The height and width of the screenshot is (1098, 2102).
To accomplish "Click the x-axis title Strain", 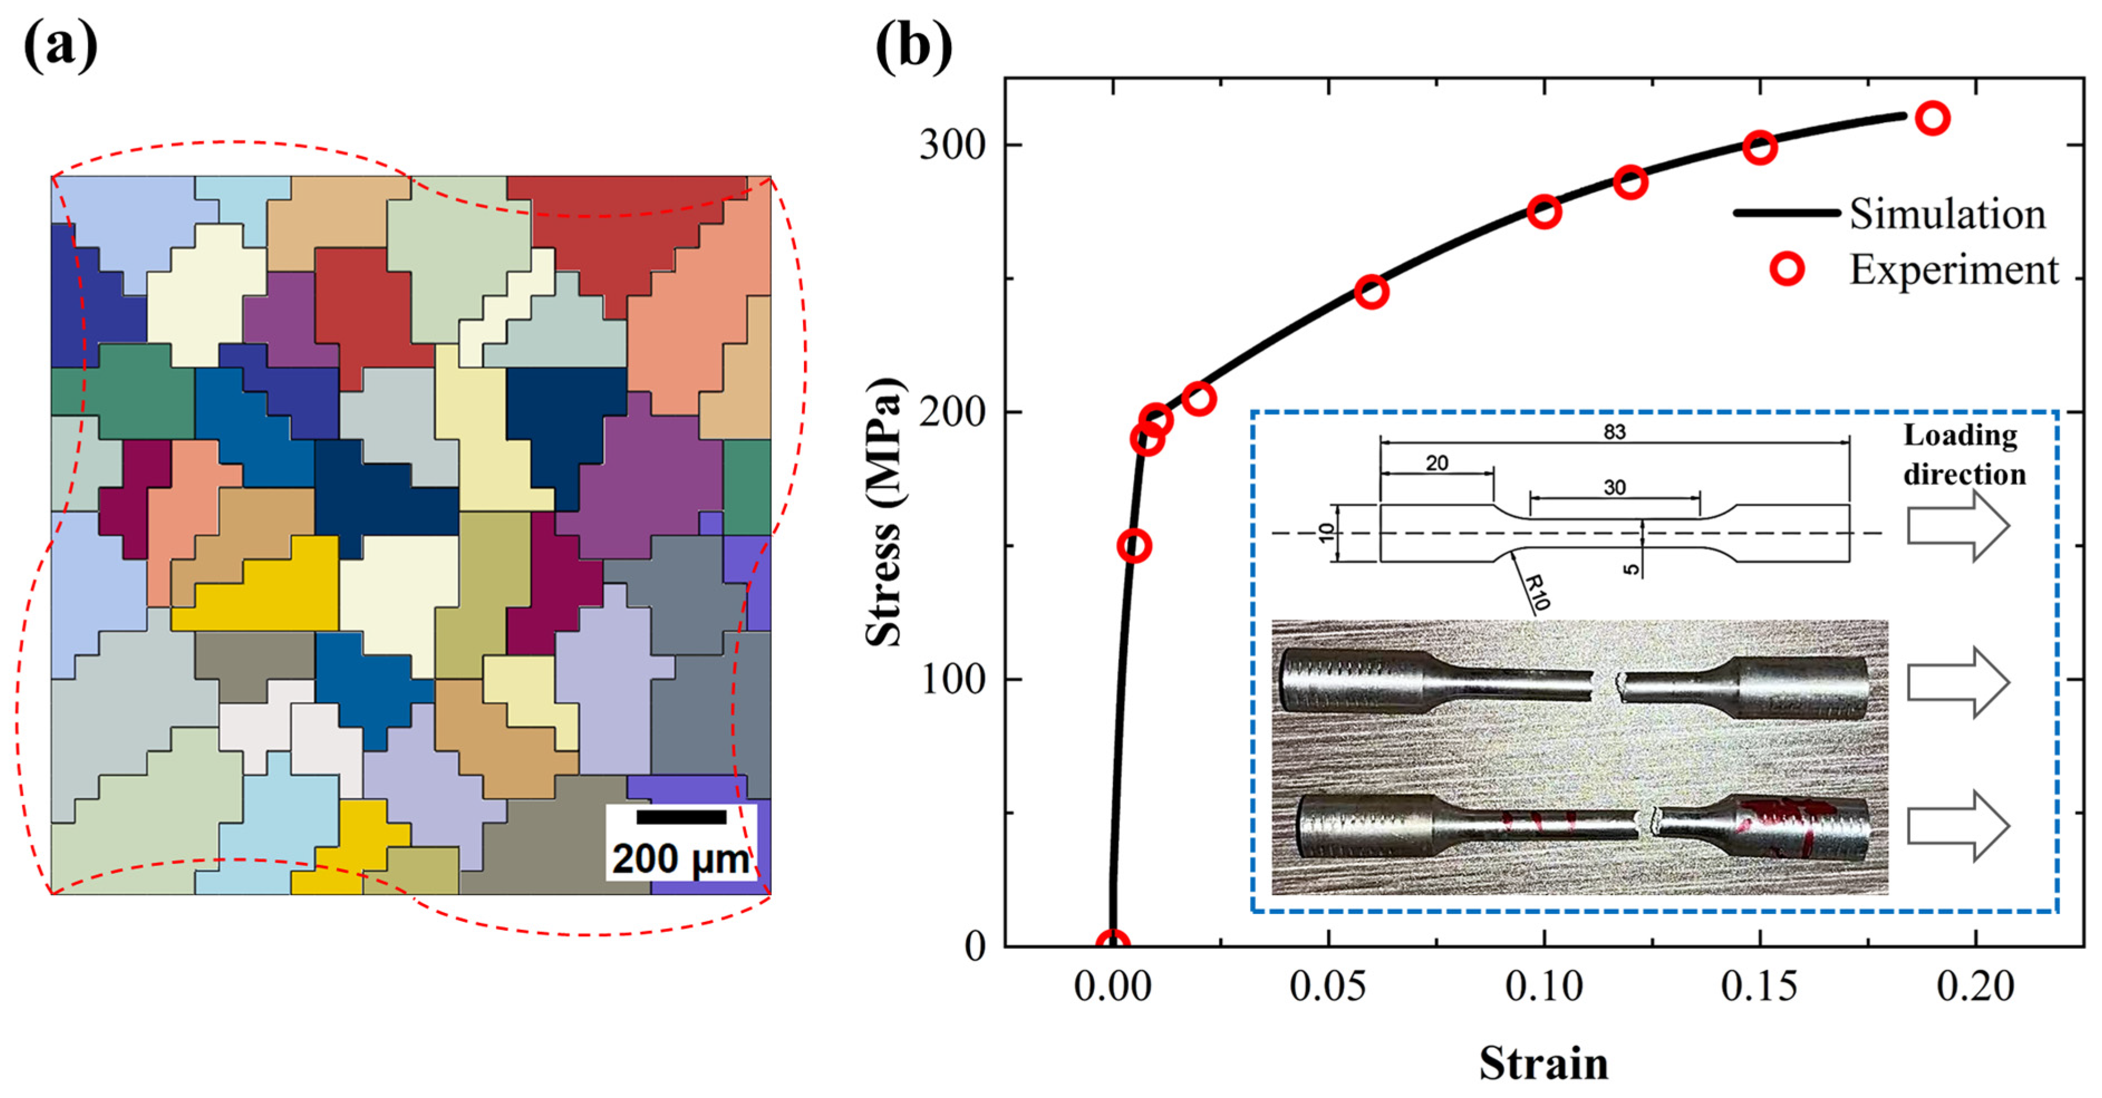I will click(x=1543, y=1063).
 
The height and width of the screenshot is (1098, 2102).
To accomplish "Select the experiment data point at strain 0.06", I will click(x=1372, y=291).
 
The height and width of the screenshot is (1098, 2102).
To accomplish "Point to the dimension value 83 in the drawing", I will click(x=1614, y=431).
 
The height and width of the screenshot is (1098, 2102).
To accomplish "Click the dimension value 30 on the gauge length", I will click(x=1614, y=488).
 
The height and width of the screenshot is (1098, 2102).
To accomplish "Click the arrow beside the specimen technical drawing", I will click(x=1958, y=526).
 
